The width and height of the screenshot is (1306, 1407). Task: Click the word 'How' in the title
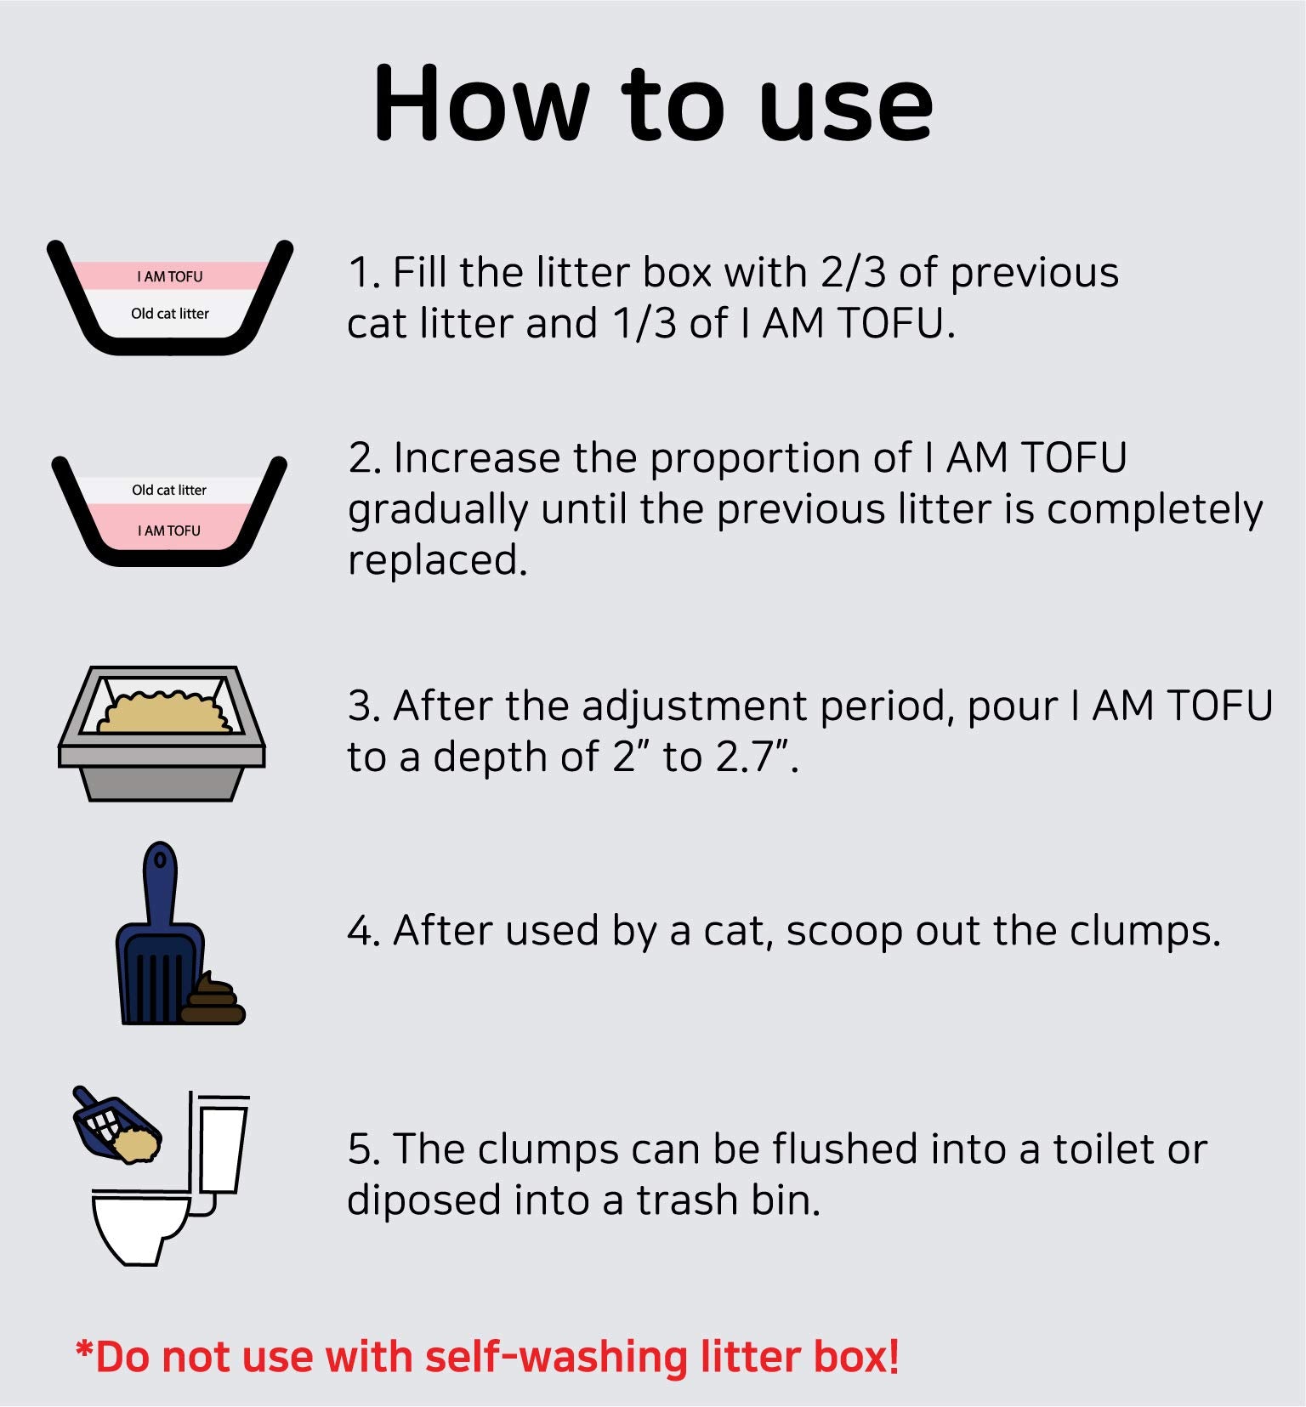481,105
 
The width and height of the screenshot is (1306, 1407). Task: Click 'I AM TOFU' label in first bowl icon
170,276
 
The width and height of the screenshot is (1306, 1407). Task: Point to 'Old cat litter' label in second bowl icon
169,490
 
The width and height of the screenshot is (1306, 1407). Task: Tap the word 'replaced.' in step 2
438,560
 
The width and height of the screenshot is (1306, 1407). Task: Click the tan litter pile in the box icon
164,714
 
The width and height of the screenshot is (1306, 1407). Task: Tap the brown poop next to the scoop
212,1001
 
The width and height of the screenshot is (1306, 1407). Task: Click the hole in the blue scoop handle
160,859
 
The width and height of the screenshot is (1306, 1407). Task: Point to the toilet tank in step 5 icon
223,1148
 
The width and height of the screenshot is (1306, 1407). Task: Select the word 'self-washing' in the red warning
557,1357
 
